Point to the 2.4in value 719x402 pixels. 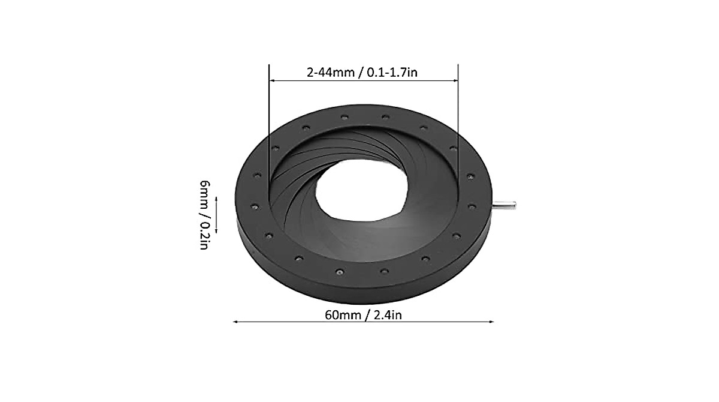coord(387,314)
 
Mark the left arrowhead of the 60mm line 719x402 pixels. coord(235,322)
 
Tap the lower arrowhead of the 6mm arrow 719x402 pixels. coord(216,232)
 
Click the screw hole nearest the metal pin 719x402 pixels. coord(472,206)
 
